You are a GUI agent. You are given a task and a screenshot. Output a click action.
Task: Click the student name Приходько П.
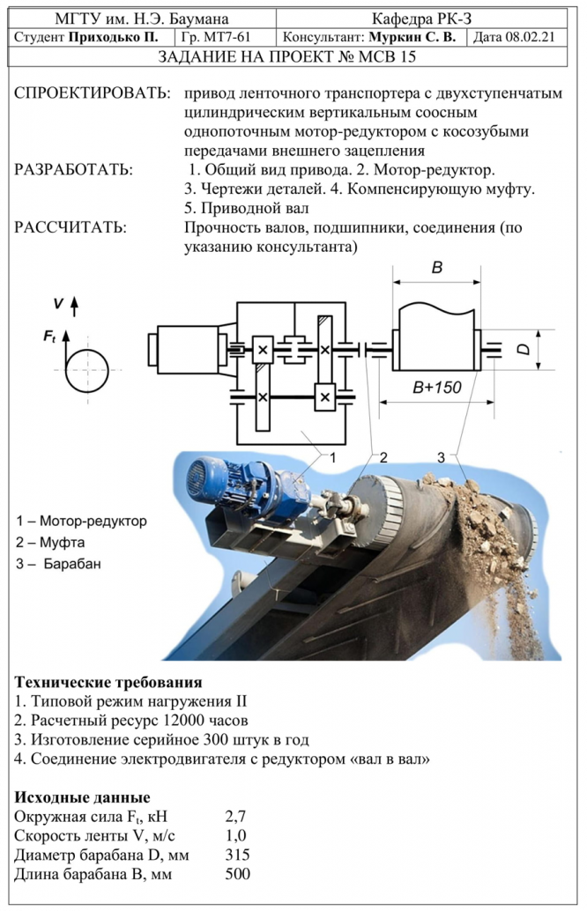click(x=114, y=37)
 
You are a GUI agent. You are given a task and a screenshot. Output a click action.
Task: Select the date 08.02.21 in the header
click(x=530, y=37)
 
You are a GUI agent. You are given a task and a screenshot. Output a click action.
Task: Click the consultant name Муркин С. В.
click(x=412, y=37)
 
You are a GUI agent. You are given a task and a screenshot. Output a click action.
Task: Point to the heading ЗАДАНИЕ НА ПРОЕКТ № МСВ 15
click(x=287, y=57)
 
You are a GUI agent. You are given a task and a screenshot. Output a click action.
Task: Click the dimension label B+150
click(x=436, y=388)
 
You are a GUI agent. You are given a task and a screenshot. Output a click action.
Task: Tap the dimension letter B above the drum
click(x=437, y=267)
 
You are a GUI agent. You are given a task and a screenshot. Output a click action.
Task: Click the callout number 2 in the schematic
click(x=383, y=458)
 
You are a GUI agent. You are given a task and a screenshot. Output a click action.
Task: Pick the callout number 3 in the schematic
click(x=441, y=458)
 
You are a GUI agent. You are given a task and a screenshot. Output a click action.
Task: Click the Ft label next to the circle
click(x=49, y=337)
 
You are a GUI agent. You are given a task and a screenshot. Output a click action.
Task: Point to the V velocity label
click(x=57, y=303)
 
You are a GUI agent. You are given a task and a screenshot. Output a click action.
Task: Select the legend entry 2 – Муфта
click(x=50, y=543)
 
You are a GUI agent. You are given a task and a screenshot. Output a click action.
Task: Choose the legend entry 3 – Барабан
click(x=59, y=564)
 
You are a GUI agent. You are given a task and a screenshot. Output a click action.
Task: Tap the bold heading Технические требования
click(x=108, y=682)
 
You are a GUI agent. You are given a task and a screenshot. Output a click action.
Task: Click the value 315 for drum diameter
click(x=237, y=855)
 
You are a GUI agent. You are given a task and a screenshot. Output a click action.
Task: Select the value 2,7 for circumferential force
click(x=235, y=817)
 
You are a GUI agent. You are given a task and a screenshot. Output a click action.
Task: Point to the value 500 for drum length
click(x=237, y=874)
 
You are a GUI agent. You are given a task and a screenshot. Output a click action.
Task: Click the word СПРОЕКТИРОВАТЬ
click(x=93, y=93)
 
